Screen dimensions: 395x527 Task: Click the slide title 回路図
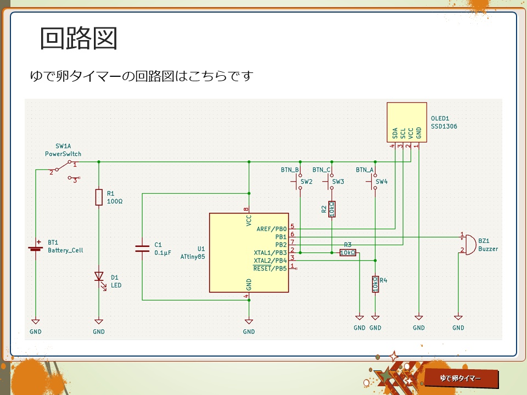tap(79, 38)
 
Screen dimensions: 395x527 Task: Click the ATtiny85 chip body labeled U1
tap(249, 253)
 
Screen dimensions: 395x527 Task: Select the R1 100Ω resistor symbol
tap(99, 197)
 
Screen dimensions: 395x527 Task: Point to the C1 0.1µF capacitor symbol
tap(142, 249)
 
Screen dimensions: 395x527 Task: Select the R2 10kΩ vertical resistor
tap(332, 209)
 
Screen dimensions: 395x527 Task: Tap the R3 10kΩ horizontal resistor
tap(347, 252)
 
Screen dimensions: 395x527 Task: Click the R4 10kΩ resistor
tap(375, 284)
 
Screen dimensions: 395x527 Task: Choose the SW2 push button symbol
tap(300, 181)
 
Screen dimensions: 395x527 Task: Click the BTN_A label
tap(365, 170)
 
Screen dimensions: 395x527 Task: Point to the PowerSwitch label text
tap(63, 154)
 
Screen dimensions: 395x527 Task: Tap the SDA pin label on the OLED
tap(395, 133)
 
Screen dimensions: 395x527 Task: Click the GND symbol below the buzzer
tap(458, 319)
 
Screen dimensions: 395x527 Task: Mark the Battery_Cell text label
tap(66, 250)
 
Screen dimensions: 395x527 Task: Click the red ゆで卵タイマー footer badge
tap(461, 379)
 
